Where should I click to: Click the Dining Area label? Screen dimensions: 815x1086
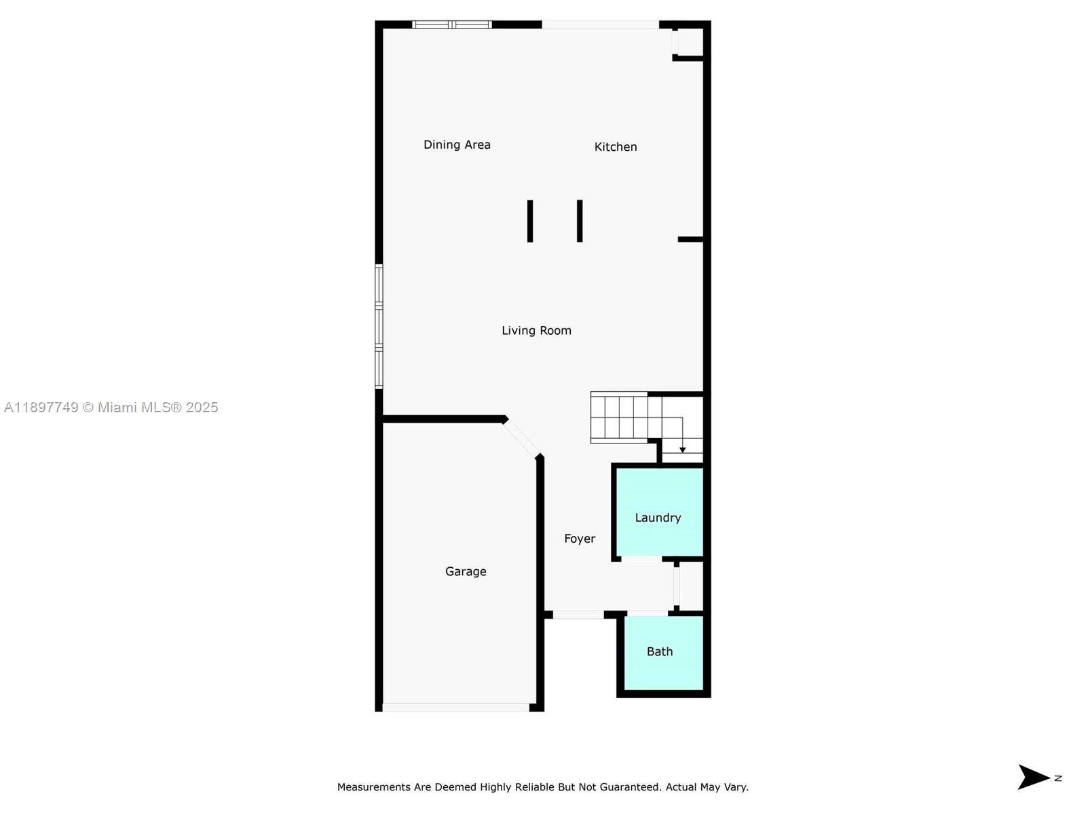[457, 145]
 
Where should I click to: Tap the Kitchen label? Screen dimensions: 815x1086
[616, 147]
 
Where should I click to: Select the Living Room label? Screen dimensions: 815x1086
[536, 331]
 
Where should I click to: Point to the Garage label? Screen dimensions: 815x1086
[466, 572]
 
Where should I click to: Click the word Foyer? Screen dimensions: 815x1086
[580, 539]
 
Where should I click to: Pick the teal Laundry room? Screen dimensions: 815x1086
[658, 513]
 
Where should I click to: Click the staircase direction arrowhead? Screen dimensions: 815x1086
[682, 450]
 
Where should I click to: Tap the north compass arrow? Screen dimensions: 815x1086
[1034, 778]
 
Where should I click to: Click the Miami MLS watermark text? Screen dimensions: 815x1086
[111, 407]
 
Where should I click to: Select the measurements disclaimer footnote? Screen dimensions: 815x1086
[543, 787]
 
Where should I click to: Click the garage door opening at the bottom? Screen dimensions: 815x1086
[455, 708]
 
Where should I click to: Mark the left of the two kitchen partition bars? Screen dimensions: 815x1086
[530, 221]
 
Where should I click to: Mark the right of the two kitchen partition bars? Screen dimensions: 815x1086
[580, 221]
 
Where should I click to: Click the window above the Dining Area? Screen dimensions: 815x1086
[452, 25]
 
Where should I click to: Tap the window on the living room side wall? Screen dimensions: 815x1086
[379, 327]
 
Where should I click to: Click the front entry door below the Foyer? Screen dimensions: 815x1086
[578, 615]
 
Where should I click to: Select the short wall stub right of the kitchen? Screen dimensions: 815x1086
[690, 239]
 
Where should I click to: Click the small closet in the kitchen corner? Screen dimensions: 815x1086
[689, 42]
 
